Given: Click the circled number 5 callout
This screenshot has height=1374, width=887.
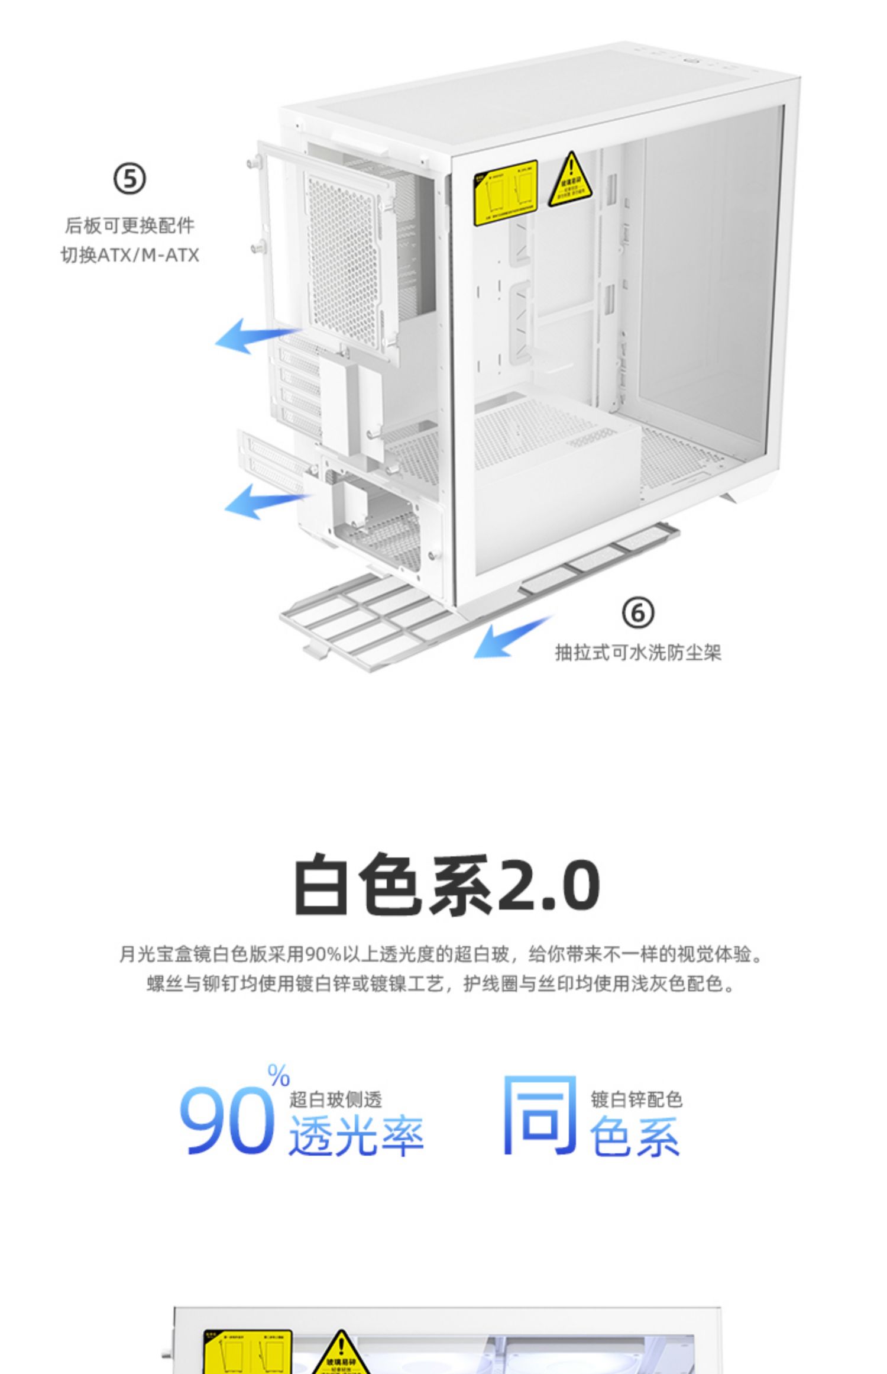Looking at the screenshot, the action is tap(130, 179).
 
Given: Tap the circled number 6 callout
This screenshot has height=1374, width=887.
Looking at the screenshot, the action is tap(638, 612).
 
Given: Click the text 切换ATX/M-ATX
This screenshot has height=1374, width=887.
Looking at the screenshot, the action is tap(130, 255).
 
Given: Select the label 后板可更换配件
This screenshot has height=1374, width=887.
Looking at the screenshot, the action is tap(130, 225).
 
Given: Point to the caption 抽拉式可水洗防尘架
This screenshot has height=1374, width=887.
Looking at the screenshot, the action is tap(638, 653).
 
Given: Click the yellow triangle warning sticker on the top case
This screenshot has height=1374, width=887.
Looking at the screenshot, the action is tap(570, 181).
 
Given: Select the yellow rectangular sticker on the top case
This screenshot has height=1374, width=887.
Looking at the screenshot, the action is tap(505, 192).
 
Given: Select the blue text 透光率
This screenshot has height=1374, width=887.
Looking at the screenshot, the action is tap(356, 1136).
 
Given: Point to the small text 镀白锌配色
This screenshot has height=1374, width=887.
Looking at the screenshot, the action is tap(636, 1099).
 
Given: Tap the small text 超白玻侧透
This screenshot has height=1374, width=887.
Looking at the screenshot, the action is tap(335, 1099).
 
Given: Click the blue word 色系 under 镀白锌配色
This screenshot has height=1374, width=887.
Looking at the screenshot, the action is tap(635, 1136).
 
